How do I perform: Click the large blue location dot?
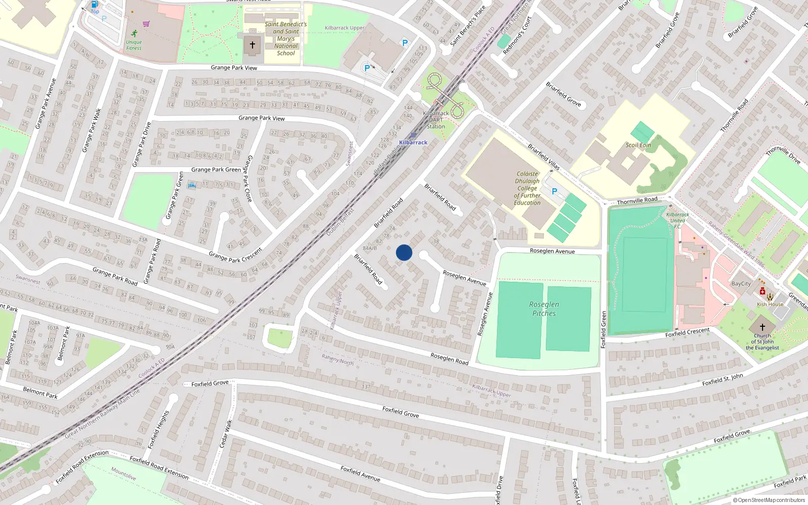point(404,252)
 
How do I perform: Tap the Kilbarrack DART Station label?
point(435,120)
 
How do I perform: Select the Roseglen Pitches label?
point(544,309)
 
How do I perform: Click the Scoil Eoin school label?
point(638,145)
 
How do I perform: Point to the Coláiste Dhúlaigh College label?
point(527,188)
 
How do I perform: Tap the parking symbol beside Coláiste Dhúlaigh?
point(554,191)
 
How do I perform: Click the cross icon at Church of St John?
point(763,327)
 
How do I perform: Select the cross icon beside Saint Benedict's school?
point(252,45)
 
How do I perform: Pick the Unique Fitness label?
point(134,45)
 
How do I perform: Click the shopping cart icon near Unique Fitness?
point(146,24)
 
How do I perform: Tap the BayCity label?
point(741,283)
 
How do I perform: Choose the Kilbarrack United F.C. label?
point(678,220)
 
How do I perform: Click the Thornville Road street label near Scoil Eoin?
point(637,200)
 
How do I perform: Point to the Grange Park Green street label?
point(216,170)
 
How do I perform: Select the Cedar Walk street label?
point(226,433)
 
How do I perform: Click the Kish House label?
point(770,304)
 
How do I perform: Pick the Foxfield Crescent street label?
point(687,332)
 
